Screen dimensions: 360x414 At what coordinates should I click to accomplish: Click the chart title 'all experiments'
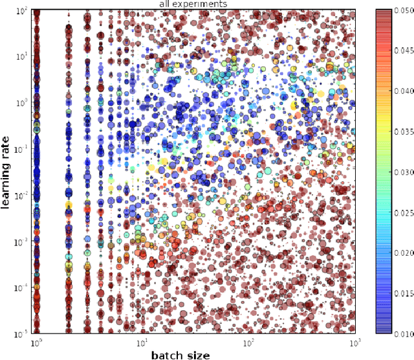(x=192, y=5)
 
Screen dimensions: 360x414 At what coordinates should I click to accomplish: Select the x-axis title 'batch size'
(x=180, y=354)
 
